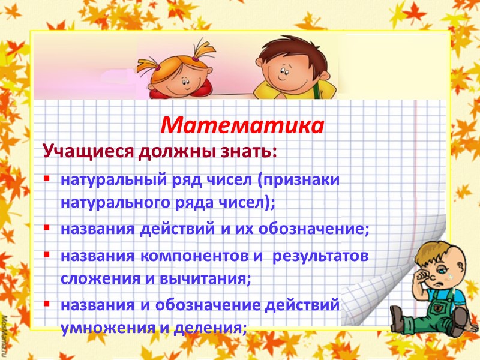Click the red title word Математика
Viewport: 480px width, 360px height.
point(243,125)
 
